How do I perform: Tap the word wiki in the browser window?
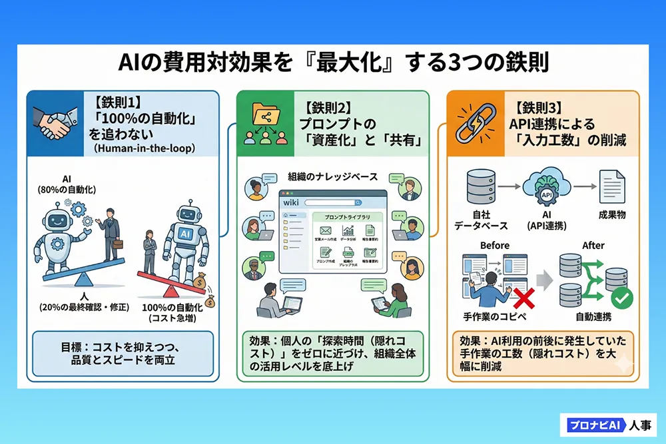[291, 201]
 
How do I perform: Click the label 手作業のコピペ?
[494, 317]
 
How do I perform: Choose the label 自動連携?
[593, 317]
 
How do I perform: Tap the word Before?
[495, 246]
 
